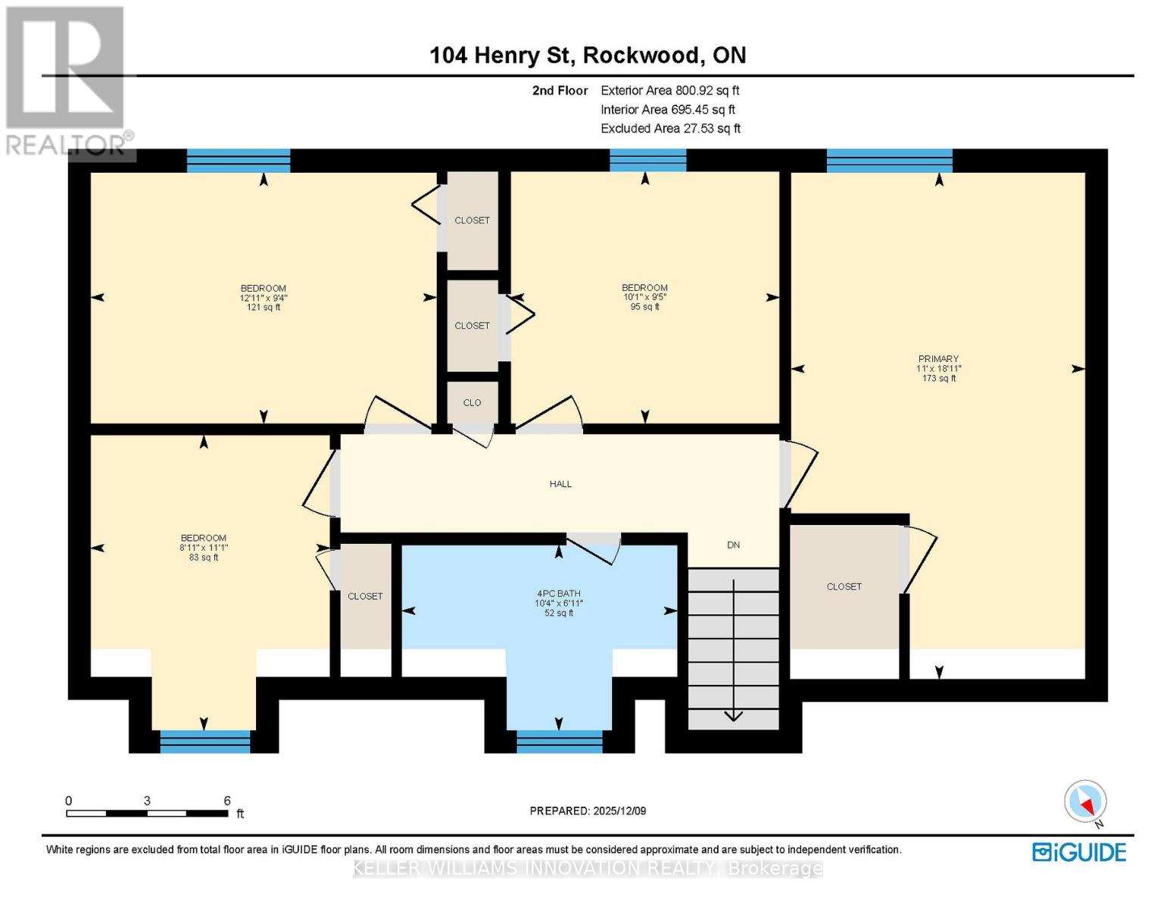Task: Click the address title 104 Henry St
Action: pyautogui.click(x=588, y=55)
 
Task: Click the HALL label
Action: pyautogui.click(x=560, y=484)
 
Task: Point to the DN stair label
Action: pyautogui.click(x=733, y=545)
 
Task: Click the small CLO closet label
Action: pyautogui.click(x=472, y=403)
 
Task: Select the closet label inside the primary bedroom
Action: pyautogui.click(x=844, y=587)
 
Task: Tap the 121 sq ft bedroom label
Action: pyautogui.click(x=264, y=298)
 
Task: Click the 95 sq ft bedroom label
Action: pyautogui.click(x=644, y=297)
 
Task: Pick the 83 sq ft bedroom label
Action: pyautogui.click(x=203, y=548)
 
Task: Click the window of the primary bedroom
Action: pyautogui.click(x=889, y=161)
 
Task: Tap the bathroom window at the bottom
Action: pyautogui.click(x=559, y=742)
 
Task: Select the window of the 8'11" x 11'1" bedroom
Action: pyautogui.click(x=205, y=742)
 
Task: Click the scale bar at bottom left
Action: pyautogui.click(x=147, y=813)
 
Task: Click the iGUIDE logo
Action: pyautogui.click(x=1079, y=852)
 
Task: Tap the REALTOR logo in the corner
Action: pyautogui.click(x=66, y=80)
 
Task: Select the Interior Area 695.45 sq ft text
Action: pyautogui.click(x=668, y=110)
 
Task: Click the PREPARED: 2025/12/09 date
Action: pyautogui.click(x=588, y=811)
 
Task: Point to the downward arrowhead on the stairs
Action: pyautogui.click(x=733, y=717)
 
